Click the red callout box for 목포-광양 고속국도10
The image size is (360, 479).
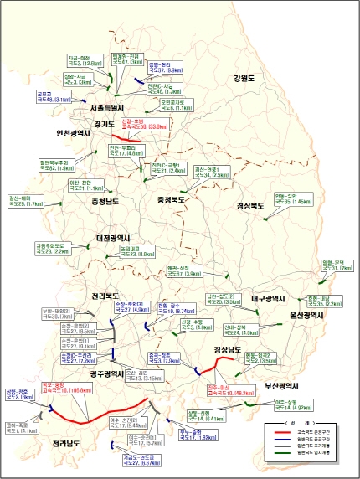pyautogui.click(x=63, y=388)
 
